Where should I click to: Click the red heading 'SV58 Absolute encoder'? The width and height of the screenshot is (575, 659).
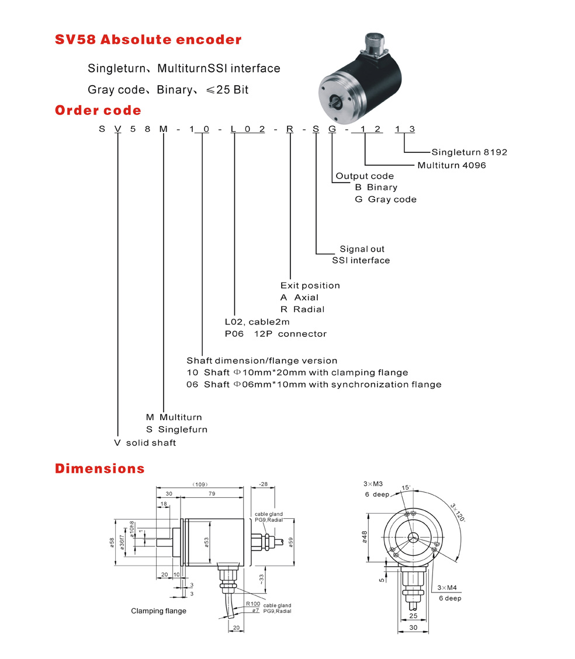(x=148, y=40)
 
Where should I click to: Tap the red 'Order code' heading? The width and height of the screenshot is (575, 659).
(x=98, y=110)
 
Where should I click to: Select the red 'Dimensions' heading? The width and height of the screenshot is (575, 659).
(x=99, y=468)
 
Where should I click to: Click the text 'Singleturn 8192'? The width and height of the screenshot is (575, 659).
(x=469, y=152)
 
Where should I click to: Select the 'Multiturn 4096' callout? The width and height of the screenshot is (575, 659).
(x=451, y=165)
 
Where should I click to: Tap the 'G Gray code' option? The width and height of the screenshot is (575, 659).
(x=386, y=199)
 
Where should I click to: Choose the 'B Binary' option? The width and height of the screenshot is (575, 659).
(x=376, y=187)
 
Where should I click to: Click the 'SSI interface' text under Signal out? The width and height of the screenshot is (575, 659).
(x=361, y=260)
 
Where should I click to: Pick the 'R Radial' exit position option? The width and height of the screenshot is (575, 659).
(x=302, y=309)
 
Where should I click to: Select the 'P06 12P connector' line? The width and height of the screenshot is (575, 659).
(x=275, y=334)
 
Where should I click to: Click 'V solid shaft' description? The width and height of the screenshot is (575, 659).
(x=145, y=442)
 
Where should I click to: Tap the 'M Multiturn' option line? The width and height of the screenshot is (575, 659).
(x=174, y=417)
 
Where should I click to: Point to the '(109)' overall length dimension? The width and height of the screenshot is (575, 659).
(x=200, y=484)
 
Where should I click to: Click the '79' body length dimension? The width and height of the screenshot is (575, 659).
(x=213, y=494)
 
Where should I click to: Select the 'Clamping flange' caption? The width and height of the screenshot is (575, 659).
(x=158, y=611)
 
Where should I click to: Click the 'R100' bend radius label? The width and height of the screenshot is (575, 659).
(x=252, y=604)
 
